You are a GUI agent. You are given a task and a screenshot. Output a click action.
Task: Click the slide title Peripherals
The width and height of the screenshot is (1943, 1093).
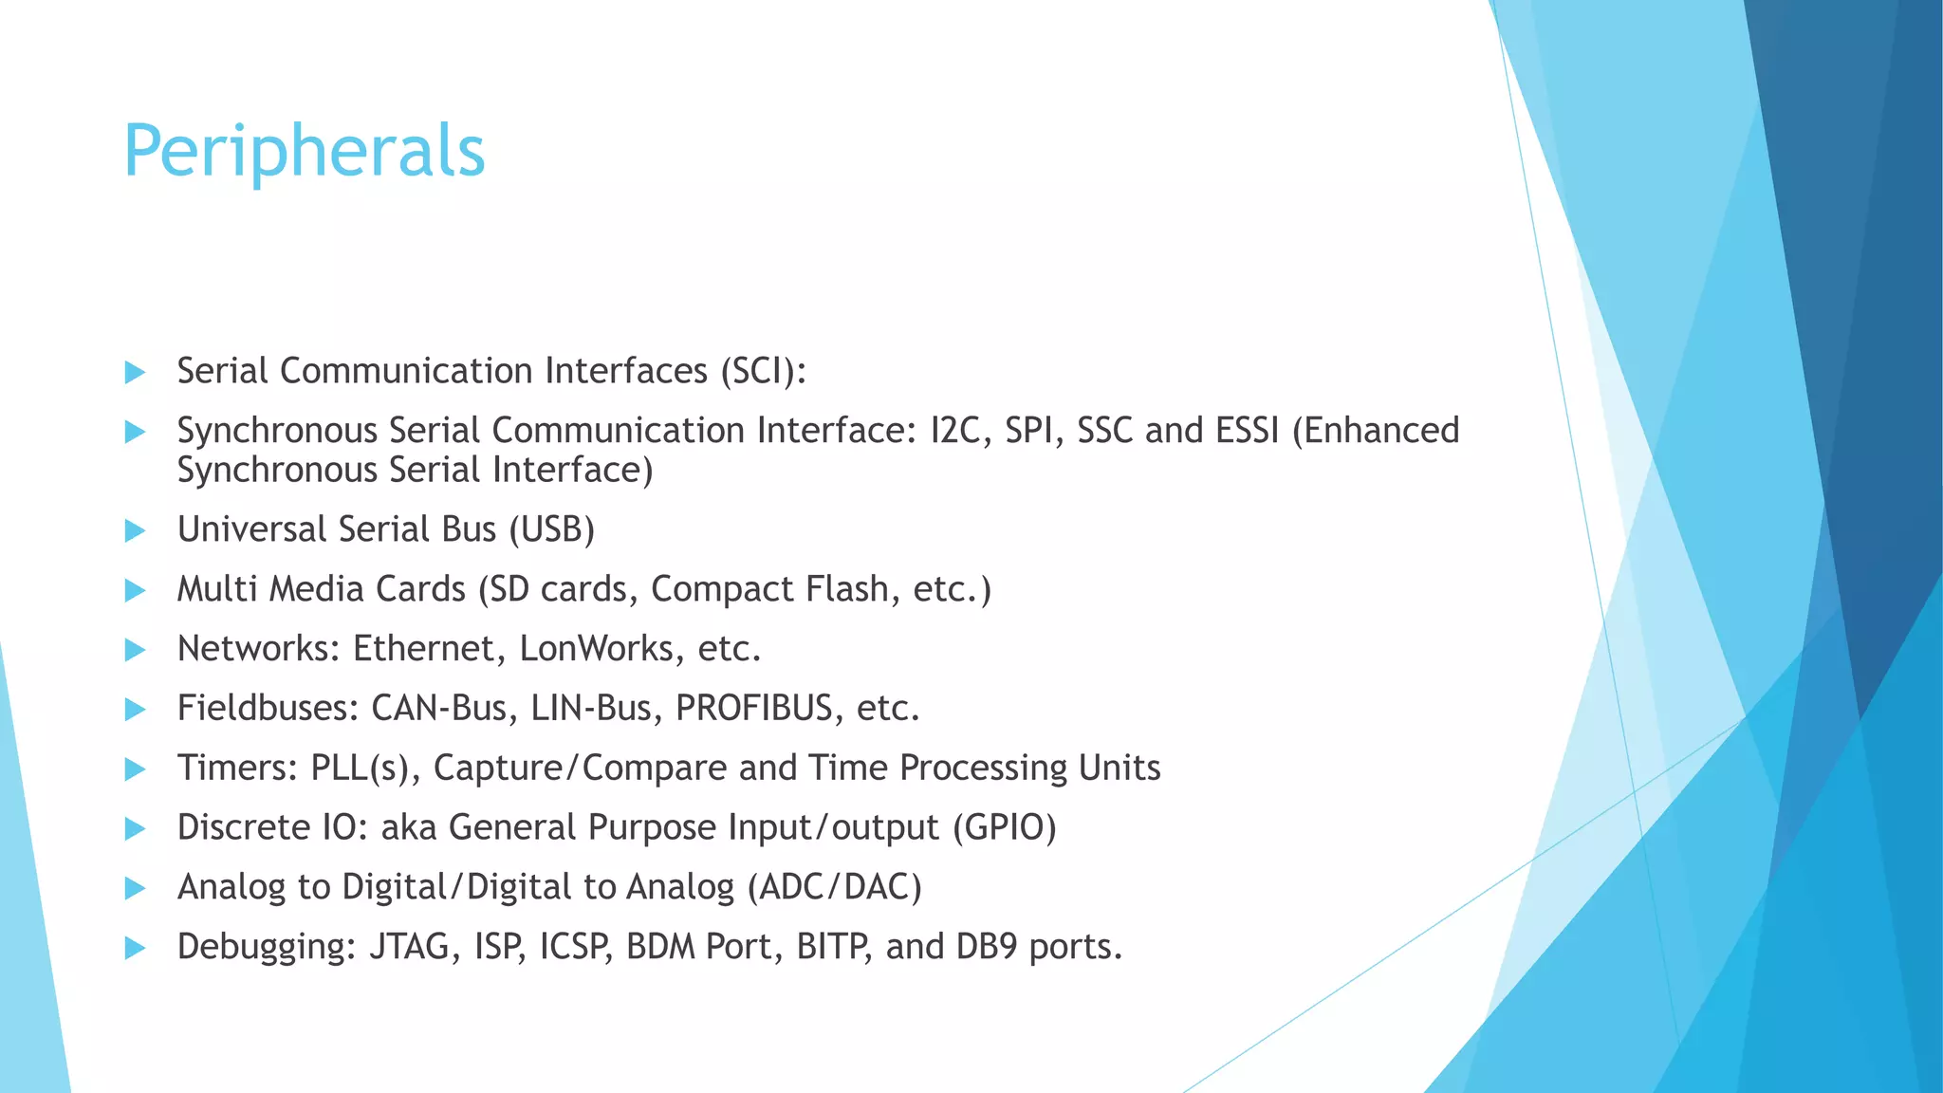pyautogui.click(x=304, y=152)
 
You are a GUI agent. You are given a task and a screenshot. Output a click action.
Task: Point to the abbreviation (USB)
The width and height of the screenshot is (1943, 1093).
pyautogui.click(x=551, y=529)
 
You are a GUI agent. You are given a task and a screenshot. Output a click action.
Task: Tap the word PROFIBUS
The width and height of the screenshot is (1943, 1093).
pyautogui.click(x=753, y=709)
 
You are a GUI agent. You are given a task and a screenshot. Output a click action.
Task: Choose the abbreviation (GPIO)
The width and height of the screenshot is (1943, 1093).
pyautogui.click(x=1005, y=827)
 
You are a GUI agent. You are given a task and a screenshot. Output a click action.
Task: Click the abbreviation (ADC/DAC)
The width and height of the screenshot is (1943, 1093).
pyautogui.click(x=834, y=887)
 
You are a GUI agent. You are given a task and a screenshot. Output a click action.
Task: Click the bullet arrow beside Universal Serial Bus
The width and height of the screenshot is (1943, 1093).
pyautogui.click(x=135, y=530)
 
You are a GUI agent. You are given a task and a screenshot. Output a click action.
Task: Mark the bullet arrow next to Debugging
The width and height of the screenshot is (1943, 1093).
pyautogui.click(x=135, y=948)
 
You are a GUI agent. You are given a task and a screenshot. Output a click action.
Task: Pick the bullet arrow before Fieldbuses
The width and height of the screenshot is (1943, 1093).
pyautogui.click(x=135, y=710)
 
